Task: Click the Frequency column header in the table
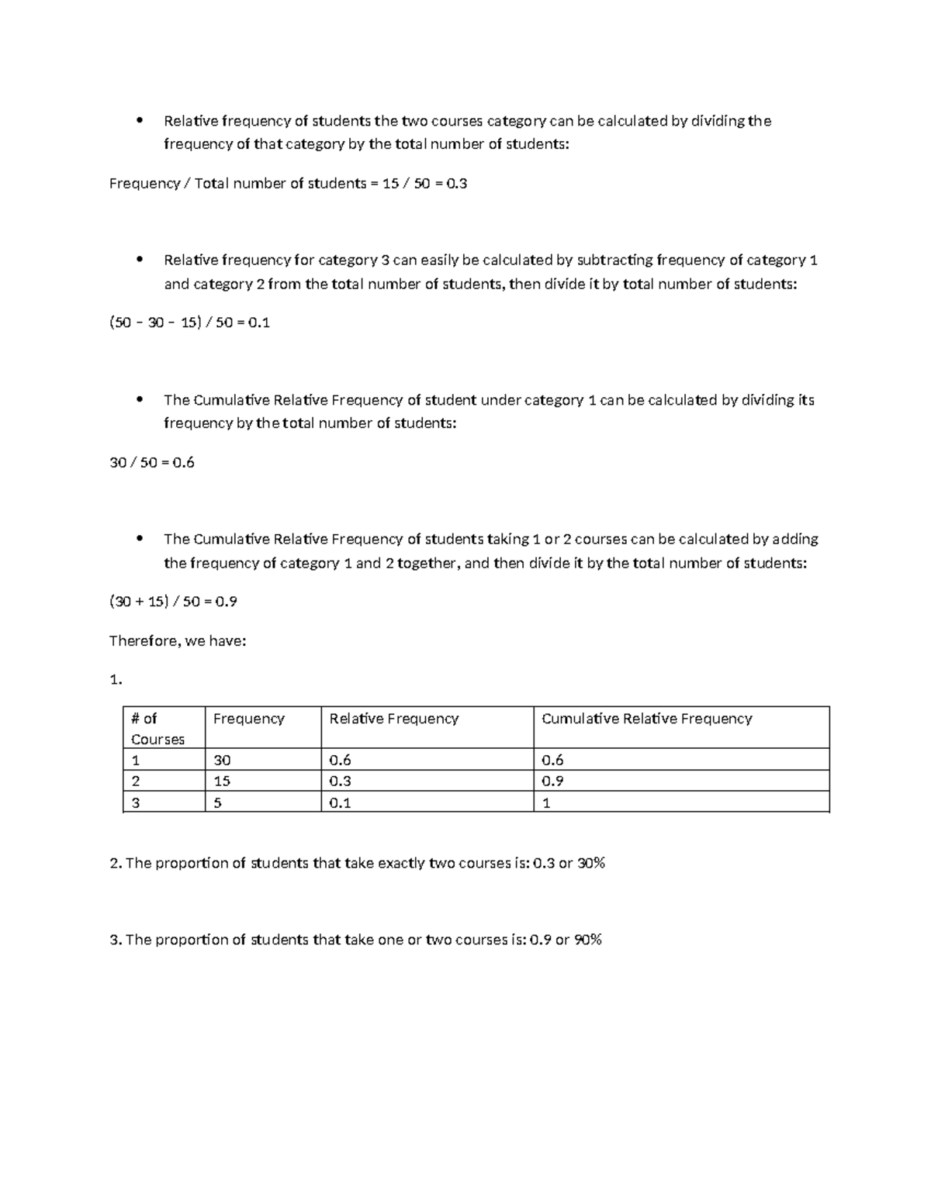click(x=248, y=719)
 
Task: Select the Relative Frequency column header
click(x=393, y=719)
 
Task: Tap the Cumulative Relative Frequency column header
click(x=646, y=719)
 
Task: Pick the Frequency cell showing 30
click(x=222, y=761)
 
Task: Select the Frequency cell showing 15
click(x=222, y=781)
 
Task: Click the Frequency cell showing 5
click(x=218, y=803)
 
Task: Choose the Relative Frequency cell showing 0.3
click(x=340, y=781)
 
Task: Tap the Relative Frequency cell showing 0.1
click(x=340, y=803)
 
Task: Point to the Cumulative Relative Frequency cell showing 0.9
click(x=552, y=781)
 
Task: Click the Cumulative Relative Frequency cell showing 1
click(x=546, y=803)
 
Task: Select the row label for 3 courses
click(x=136, y=803)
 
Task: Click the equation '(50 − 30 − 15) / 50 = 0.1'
click(x=189, y=323)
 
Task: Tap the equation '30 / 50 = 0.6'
click(x=152, y=463)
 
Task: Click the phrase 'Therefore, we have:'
click(x=177, y=641)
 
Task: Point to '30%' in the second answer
click(x=590, y=863)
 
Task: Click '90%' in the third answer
click(x=587, y=940)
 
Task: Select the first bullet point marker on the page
click(x=139, y=120)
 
